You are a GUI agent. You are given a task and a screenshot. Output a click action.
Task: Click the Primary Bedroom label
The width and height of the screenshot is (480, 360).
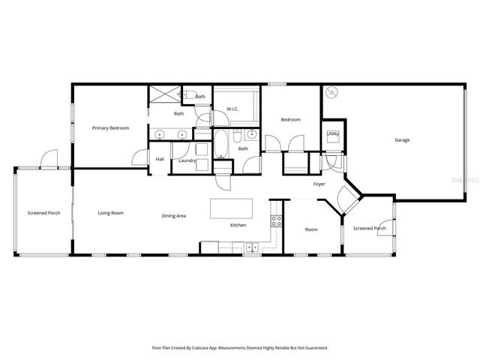110,128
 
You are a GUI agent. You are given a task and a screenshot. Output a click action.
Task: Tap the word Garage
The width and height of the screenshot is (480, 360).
403,140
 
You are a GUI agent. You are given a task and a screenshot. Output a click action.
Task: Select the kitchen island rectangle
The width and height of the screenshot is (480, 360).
229,207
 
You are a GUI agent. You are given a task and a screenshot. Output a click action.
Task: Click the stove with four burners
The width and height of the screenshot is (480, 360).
276,221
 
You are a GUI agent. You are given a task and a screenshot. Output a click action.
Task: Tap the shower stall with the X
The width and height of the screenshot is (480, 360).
165,94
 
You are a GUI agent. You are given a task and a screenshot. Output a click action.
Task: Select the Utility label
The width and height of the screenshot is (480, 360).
333,133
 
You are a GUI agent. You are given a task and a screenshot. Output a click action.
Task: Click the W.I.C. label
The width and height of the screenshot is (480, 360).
232,109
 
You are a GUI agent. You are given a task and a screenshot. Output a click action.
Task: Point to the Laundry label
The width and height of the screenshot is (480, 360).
187,160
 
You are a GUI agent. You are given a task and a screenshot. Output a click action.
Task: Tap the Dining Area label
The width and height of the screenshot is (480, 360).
174,216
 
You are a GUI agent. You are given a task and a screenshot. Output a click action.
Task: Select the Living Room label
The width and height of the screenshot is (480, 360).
110,213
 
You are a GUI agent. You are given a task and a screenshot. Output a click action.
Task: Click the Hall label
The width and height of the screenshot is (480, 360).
160,159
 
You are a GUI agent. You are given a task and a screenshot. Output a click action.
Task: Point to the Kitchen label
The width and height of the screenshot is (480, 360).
238,225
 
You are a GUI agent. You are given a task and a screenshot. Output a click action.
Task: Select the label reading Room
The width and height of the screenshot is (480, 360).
311,229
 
